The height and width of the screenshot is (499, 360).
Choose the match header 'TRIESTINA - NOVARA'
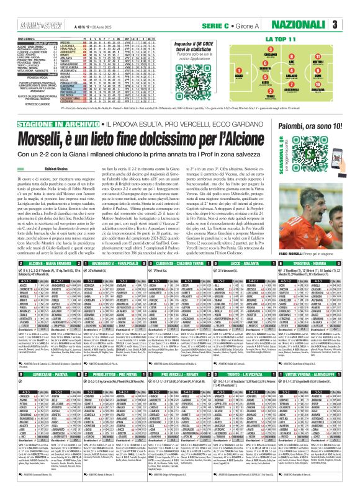(x=317, y=265)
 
